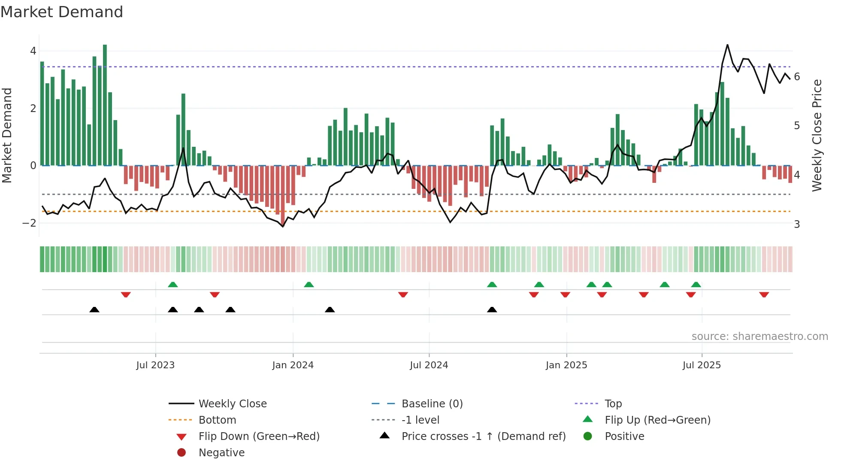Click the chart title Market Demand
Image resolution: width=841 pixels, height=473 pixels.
click(x=62, y=12)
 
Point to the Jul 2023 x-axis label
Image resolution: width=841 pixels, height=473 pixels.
click(x=155, y=365)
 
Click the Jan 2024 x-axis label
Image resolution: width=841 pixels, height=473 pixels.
click(x=293, y=365)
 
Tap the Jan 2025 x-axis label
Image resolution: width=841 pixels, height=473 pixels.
click(x=566, y=365)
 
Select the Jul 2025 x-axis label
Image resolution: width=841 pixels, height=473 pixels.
click(x=702, y=365)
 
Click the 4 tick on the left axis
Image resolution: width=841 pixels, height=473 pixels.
click(x=33, y=51)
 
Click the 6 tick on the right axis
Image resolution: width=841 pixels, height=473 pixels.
click(x=797, y=77)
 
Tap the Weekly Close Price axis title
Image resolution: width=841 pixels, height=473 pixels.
click(x=817, y=135)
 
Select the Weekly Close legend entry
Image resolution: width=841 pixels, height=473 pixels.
click(x=232, y=404)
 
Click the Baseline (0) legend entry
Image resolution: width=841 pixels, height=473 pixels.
click(x=432, y=404)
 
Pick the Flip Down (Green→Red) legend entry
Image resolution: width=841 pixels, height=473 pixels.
click(x=259, y=437)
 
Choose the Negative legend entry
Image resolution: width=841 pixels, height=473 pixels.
click(x=221, y=453)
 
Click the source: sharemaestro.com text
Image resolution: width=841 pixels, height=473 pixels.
click(x=759, y=337)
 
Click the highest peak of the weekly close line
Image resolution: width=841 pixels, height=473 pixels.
click(x=727, y=45)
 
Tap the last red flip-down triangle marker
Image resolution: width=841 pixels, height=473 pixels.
click(x=764, y=295)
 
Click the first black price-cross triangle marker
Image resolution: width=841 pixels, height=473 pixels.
click(x=94, y=309)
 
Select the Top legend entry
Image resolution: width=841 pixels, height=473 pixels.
click(x=613, y=404)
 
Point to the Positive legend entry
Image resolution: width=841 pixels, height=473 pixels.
click(x=624, y=437)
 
